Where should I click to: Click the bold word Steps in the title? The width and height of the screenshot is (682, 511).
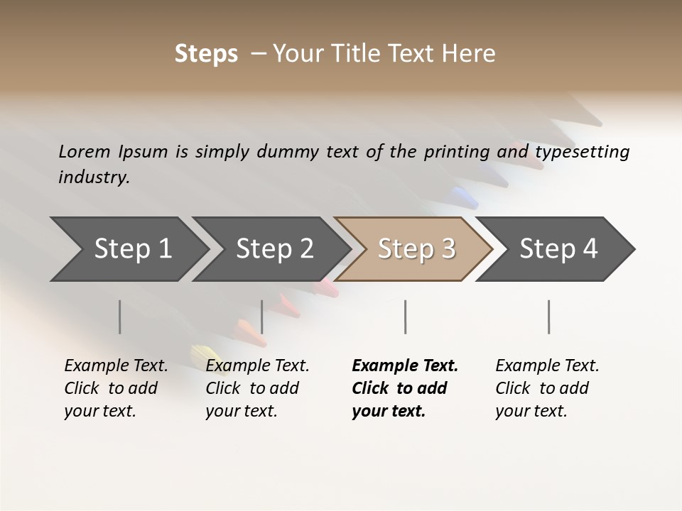[x=206, y=53]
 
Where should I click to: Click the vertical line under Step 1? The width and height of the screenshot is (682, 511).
[x=120, y=317]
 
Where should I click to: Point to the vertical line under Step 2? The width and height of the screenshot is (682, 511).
[x=262, y=317]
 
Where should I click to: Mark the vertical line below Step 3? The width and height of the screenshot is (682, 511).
[x=405, y=317]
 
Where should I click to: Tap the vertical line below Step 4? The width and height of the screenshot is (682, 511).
[x=548, y=317]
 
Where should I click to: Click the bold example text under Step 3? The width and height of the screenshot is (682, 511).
[x=404, y=388]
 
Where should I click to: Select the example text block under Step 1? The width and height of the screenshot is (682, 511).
[x=115, y=388]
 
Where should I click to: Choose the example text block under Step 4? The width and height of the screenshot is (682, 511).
[x=546, y=388]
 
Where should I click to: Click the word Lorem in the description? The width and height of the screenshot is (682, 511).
[x=85, y=152]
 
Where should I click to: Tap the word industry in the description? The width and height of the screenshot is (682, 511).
[x=93, y=177]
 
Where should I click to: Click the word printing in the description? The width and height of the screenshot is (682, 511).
[x=457, y=152]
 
